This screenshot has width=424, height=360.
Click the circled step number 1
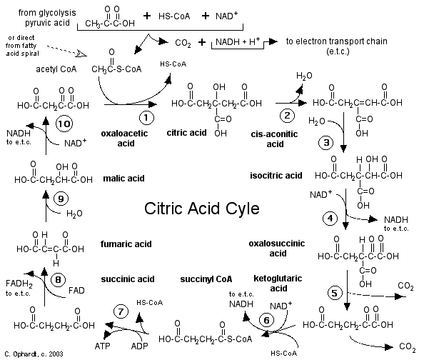click(146, 118)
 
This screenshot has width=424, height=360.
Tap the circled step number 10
click(64, 124)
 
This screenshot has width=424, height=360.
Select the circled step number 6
click(267, 320)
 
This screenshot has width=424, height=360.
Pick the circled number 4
click(330, 219)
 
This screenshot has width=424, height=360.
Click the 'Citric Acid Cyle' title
click(202, 209)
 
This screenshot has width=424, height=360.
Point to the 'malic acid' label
click(123, 179)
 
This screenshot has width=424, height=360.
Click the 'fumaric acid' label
click(126, 244)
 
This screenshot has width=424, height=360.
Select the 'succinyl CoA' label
click(206, 279)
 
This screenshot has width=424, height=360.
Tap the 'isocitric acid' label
click(276, 176)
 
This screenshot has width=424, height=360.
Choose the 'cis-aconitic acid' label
click(275, 139)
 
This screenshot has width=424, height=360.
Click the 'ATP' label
click(102, 346)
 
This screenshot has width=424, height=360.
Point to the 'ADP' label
click(139, 346)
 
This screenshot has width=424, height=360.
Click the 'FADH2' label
click(19, 284)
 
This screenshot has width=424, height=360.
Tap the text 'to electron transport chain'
click(337, 41)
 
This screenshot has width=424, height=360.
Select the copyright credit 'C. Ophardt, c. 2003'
click(34, 354)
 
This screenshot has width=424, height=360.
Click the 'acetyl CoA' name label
click(56, 69)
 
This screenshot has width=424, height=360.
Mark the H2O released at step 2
click(304, 76)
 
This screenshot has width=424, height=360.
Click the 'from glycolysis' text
click(47, 13)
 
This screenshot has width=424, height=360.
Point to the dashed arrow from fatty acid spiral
click(67, 51)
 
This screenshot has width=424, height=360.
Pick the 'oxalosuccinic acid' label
click(277, 248)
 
